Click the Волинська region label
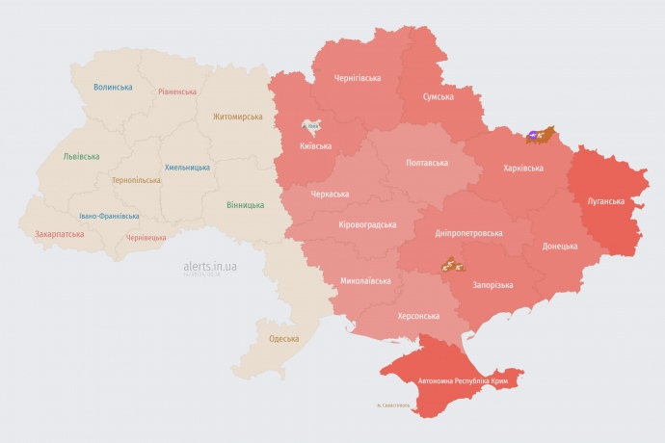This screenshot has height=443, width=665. [113, 87]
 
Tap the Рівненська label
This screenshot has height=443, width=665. [177, 92]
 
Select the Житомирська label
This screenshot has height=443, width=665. [238, 117]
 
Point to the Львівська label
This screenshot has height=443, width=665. [80, 155]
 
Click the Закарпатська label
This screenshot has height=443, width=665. [59, 234]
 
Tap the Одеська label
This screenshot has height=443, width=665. [283, 339]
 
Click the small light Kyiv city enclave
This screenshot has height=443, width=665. [311, 126]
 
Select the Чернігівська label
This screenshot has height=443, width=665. [357, 78]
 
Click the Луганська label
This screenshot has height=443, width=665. [605, 201]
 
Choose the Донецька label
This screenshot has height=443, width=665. [560, 247]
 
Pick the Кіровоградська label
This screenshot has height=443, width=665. [367, 224]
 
